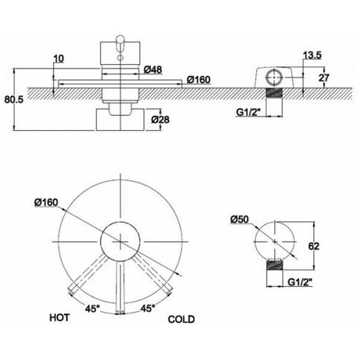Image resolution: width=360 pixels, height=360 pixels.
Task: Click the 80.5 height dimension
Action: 14,100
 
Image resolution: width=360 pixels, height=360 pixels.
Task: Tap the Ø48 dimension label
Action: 153,70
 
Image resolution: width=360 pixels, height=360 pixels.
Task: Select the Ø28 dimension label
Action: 160,120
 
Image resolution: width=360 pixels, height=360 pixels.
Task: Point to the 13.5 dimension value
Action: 313,55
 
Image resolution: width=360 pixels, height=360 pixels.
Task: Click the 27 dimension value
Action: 324,78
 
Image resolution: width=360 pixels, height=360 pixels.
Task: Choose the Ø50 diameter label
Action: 239,219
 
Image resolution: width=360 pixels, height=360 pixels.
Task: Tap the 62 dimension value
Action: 314,246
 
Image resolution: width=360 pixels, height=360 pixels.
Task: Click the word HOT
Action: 59,317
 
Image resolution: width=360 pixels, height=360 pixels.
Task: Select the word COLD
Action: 181,319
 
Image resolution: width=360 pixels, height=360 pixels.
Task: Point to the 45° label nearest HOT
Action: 92,308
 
